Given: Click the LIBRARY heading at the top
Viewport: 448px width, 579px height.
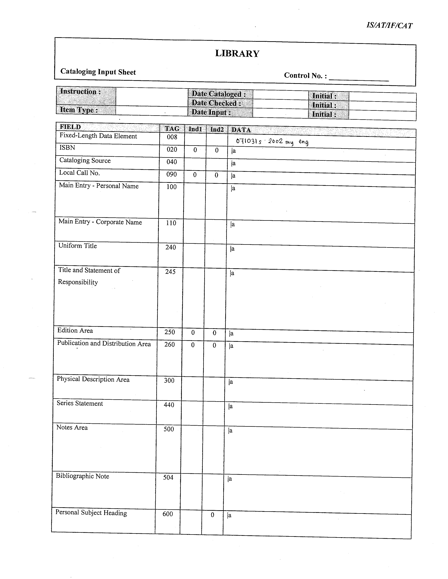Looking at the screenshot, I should [x=237, y=53].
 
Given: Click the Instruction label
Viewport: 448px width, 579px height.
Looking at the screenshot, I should [x=80, y=92].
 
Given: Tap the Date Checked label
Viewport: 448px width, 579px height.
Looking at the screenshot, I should [x=216, y=103].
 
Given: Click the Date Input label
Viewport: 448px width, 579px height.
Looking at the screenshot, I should [x=211, y=112].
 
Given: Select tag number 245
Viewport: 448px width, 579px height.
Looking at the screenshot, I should [x=170, y=272].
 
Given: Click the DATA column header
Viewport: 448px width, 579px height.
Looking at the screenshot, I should [x=241, y=130].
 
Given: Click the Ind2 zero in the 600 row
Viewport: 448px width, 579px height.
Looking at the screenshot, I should [x=212, y=515].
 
